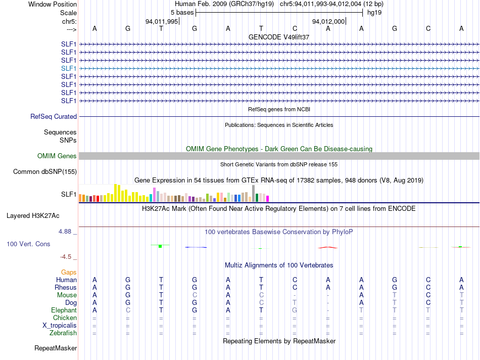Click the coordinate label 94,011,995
(x=162, y=21)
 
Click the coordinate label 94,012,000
(x=328, y=21)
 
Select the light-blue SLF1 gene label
(x=69, y=68)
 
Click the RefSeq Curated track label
(x=54, y=116)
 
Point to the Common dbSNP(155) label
(x=45, y=172)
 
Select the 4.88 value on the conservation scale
(x=68, y=232)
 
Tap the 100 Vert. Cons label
(x=28, y=244)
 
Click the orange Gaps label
(x=69, y=272)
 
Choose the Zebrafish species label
(x=63, y=333)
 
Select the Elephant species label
(x=64, y=310)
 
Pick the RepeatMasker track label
(x=56, y=348)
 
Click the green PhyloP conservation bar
(x=160, y=246)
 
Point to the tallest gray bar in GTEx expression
(x=253, y=193)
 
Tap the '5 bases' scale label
(x=182, y=12)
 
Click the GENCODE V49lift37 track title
(x=279, y=37)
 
